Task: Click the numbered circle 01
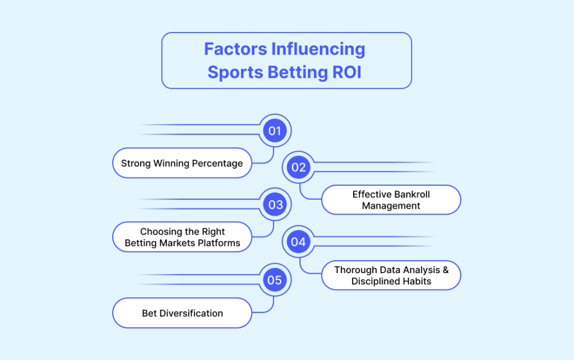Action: pos(275,131)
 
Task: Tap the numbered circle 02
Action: pos(298,167)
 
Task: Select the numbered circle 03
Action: pos(275,204)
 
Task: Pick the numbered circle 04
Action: pos(298,242)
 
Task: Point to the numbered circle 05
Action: pos(275,280)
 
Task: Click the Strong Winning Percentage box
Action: pos(182,163)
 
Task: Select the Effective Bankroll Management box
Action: pos(391,200)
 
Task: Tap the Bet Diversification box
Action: pos(182,313)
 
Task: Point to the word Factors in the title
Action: pos(235,49)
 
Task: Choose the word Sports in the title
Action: pos(235,72)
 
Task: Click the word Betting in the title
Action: pos(298,72)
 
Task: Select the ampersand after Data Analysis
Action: pos(446,270)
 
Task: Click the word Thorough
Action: pos(355,270)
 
